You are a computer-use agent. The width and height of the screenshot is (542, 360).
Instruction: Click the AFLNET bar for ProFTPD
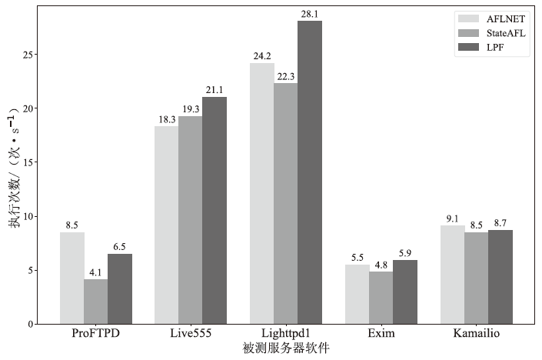click(71, 278)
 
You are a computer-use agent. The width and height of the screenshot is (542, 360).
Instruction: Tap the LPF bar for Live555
click(214, 210)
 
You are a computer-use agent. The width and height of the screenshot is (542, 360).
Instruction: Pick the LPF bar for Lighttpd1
click(310, 172)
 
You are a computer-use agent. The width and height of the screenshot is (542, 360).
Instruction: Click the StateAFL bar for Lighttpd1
click(286, 203)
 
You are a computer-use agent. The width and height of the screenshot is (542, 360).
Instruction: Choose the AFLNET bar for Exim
click(357, 294)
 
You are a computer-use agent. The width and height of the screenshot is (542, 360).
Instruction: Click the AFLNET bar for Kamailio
click(453, 275)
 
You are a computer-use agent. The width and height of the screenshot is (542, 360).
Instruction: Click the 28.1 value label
click(310, 14)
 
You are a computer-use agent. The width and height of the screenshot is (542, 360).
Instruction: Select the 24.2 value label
click(262, 56)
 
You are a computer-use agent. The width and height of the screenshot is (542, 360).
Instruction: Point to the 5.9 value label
click(405, 253)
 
